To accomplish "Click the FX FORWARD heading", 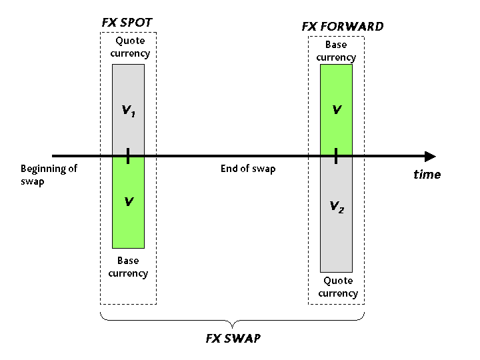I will coord(343,27).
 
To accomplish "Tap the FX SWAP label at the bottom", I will coord(233,338).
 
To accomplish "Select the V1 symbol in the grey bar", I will coord(129,111).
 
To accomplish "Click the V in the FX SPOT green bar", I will coord(129,201).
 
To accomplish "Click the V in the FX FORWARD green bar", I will coord(337,110).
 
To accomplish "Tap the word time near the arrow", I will coord(427,175).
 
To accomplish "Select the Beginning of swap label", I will coord(49,175).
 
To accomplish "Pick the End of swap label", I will coord(248,169).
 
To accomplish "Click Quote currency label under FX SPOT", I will coord(130,47).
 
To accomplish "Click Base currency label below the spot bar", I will coord(128,267).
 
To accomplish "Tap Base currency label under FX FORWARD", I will coord(336,51).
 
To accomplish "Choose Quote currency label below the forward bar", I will coord(337,287).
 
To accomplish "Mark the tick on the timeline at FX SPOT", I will coord(128,157).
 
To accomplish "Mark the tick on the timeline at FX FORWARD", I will coord(336,157).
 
